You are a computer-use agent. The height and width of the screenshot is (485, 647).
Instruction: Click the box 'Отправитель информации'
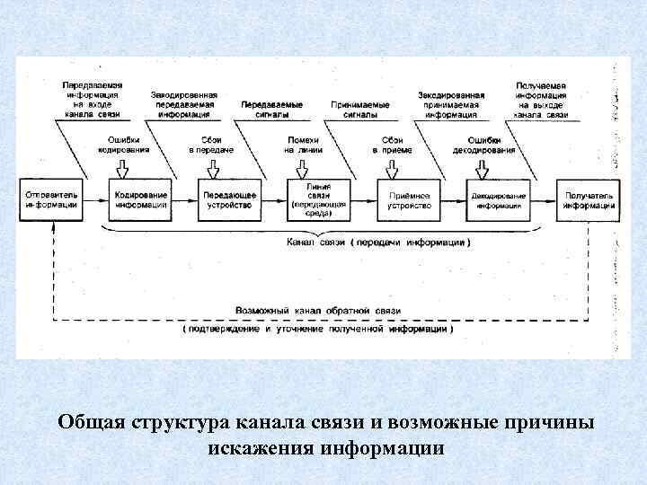[51, 199]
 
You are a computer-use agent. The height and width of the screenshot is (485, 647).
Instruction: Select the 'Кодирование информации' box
[141, 199]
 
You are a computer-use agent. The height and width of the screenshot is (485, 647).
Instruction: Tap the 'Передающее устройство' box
[229, 199]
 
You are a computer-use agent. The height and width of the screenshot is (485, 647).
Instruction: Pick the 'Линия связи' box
[319, 199]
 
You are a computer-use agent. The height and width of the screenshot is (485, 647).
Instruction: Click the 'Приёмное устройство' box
[409, 199]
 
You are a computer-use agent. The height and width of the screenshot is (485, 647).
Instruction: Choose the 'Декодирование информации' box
[500, 199]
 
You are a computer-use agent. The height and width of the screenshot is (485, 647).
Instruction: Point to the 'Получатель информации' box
[589, 199]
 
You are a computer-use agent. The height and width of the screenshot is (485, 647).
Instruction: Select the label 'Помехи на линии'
[303, 145]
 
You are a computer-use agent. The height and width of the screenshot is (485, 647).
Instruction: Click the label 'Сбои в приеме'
[392, 145]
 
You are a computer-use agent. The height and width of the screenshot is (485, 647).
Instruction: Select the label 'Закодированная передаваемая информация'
[182, 104]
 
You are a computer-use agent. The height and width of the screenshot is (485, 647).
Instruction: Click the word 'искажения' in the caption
[261, 446]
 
